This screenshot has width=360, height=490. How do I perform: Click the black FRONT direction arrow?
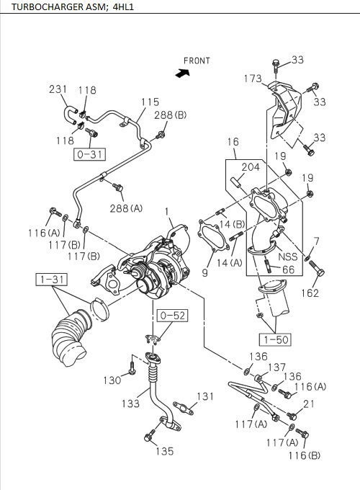(181, 72)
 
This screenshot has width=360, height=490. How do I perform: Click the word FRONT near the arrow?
(197, 61)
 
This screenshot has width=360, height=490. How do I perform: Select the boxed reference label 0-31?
(87, 153)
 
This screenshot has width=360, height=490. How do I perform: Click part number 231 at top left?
(58, 89)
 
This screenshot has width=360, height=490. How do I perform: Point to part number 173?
(253, 78)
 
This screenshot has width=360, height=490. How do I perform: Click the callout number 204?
(250, 167)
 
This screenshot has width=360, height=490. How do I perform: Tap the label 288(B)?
(171, 115)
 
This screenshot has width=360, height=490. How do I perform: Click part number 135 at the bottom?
(165, 452)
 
